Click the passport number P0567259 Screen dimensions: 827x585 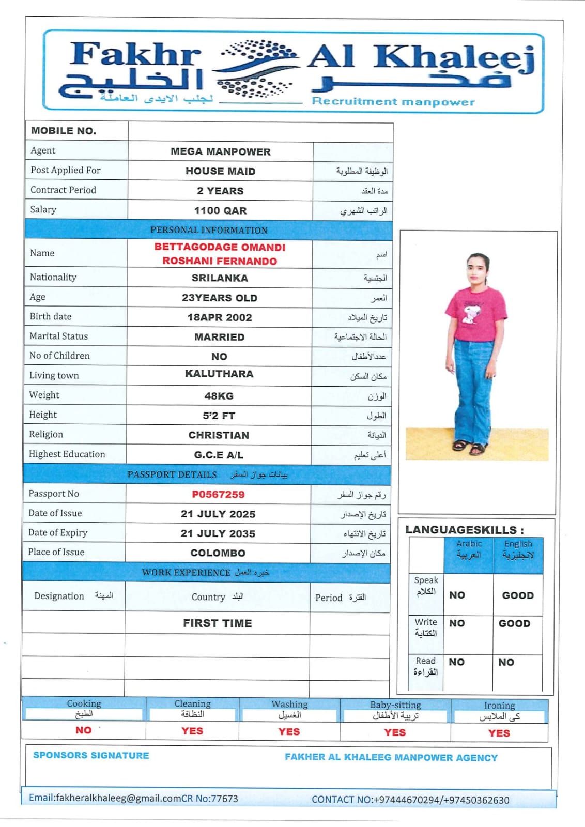point(218,495)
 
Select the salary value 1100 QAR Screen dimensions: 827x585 point(220,211)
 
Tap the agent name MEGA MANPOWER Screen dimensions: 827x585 point(221,152)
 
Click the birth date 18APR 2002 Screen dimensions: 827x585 point(220,318)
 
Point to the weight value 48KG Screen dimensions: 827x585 point(219,396)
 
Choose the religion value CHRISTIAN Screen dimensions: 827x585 point(219,436)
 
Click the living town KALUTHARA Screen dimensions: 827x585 point(219,374)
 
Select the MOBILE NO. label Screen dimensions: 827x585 point(64,131)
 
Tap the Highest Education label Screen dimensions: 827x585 point(67,454)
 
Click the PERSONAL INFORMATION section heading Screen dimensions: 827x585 point(209,231)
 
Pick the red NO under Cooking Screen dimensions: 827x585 point(83,730)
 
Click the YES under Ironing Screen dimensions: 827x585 point(499,733)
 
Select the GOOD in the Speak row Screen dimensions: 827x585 point(518,595)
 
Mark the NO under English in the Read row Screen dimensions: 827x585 point(506,663)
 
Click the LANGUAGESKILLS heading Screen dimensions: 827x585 point(464,530)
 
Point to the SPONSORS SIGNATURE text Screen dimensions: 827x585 point(91,756)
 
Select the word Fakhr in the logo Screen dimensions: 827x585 point(135,54)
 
